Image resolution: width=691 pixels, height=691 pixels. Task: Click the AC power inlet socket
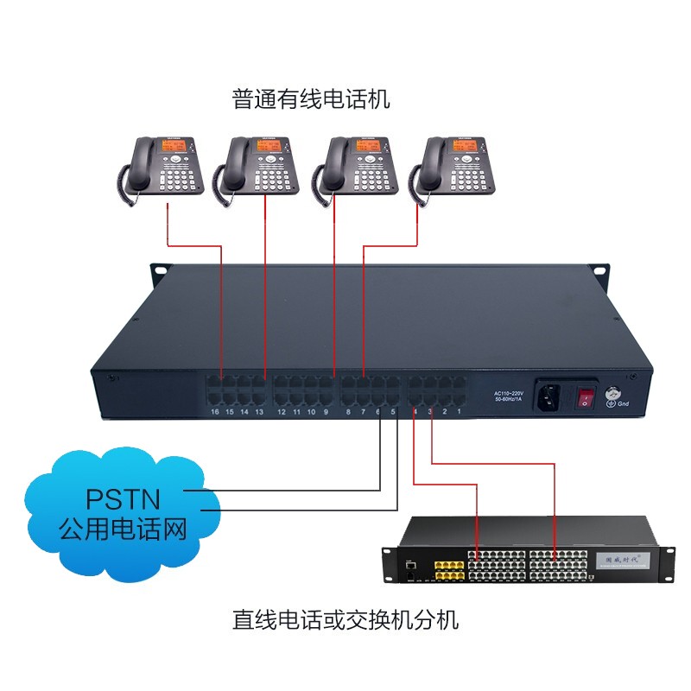point(548,396)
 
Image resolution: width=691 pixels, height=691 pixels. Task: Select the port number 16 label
point(214,412)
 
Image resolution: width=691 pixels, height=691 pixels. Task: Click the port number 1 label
point(459,412)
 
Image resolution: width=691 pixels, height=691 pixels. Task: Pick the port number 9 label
point(326,412)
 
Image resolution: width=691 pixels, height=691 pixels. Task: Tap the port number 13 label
point(259,412)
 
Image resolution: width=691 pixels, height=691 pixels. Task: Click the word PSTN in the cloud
point(122,500)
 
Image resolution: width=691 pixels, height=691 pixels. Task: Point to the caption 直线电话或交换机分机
point(345,619)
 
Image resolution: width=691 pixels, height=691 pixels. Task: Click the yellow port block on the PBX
point(448,570)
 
